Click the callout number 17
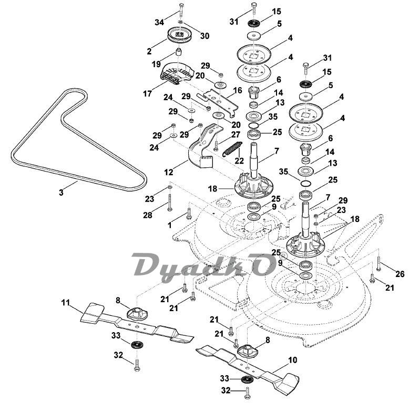(148, 93)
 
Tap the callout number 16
(238, 90)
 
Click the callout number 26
(400, 273)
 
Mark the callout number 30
(204, 36)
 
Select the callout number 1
(169, 225)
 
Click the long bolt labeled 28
(170, 203)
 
